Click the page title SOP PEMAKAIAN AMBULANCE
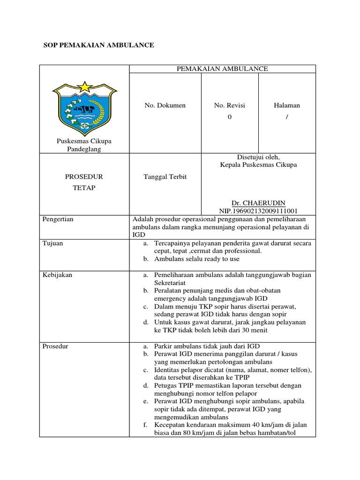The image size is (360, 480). pyautogui.click(x=98, y=45)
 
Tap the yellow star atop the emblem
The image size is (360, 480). pyautogui.click(x=84, y=86)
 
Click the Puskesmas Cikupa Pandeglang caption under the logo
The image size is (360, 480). pyautogui.click(x=84, y=145)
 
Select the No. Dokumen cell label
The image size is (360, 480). pyautogui.click(x=165, y=105)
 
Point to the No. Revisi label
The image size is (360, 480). pyautogui.click(x=229, y=105)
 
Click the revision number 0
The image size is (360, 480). pyautogui.click(x=229, y=117)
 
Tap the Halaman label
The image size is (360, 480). pyautogui.click(x=287, y=105)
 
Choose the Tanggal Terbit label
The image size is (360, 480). pyautogui.click(x=165, y=177)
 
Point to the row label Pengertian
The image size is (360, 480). pyautogui.click(x=58, y=219)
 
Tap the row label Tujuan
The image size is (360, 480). pyautogui.click(x=52, y=243)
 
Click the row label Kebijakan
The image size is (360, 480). pyautogui.click(x=57, y=275)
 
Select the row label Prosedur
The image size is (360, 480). pyautogui.click(x=55, y=346)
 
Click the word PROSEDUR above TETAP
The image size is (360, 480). pyautogui.click(x=84, y=177)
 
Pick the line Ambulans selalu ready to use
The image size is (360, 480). pyautogui.click(x=196, y=259)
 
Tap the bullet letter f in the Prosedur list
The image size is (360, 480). pyautogui.click(x=145, y=425)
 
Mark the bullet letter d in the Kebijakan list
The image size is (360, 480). pyautogui.click(x=145, y=322)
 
